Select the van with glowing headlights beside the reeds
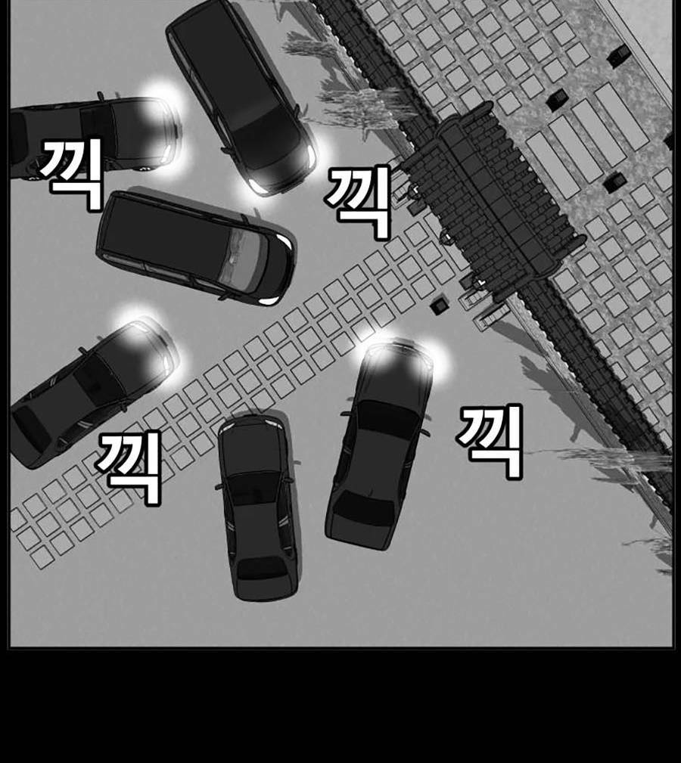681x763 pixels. pyautogui.click(x=241, y=95)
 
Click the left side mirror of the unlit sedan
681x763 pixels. pyautogui.click(x=219, y=484)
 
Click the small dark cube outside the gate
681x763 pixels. pyautogui.click(x=439, y=305)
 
